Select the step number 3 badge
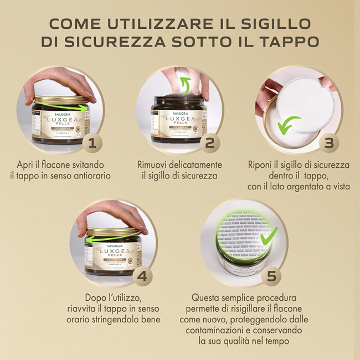coord(328,143)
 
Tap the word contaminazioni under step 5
coord(209,331)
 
